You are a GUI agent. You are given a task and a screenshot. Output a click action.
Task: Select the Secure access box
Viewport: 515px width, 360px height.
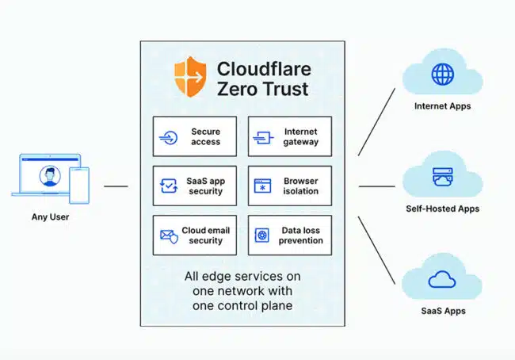coord(195,136)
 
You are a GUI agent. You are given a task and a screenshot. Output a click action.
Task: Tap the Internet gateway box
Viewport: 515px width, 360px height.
coord(290,136)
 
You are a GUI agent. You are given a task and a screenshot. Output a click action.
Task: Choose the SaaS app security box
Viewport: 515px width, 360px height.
coord(195,186)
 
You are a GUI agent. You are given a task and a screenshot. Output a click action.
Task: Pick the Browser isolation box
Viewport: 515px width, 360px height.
coord(290,186)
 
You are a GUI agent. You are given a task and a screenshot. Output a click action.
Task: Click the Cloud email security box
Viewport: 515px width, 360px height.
coord(195,236)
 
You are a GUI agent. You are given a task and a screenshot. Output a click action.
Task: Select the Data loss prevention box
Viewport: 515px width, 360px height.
coord(290,236)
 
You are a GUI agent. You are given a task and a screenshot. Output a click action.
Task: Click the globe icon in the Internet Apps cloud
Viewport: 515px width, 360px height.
coord(441,75)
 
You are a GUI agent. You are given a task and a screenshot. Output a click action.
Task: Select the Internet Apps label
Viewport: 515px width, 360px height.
coord(442,105)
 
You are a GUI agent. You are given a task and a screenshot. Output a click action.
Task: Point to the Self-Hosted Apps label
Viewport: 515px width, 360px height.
coord(442,209)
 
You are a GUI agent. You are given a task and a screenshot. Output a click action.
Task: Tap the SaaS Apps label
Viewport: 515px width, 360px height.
coord(442,311)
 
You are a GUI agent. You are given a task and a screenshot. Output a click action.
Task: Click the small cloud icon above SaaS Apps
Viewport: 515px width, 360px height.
coord(441,279)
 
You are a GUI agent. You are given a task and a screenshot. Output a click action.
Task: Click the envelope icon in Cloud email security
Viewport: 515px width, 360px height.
coord(168,236)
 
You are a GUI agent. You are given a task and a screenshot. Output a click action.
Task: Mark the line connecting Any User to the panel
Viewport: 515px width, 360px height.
coord(116,187)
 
